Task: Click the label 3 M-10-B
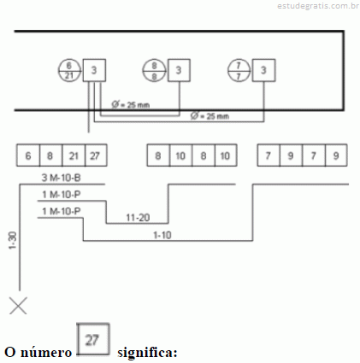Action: click(x=62, y=178)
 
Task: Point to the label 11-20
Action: click(x=138, y=218)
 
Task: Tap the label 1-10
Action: click(x=162, y=235)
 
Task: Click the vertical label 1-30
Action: click(x=13, y=241)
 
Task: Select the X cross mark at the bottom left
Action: click(x=18, y=306)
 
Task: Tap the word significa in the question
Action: click(x=147, y=353)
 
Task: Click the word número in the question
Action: click(x=46, y=353)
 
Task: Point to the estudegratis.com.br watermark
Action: click(x=318, y=6)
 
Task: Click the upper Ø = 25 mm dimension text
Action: click(x=131, y=105)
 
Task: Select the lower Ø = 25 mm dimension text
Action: click(x=210, y=116)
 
